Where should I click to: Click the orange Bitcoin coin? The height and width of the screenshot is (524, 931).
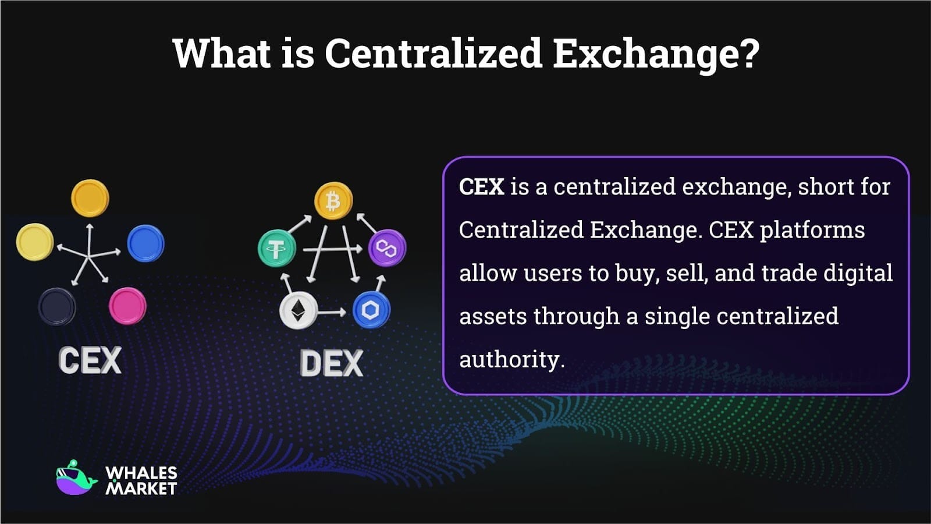(x=333, y=201)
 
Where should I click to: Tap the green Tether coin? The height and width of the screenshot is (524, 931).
(x=276, y=249)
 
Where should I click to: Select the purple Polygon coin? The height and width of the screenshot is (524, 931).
(x=386, y=249)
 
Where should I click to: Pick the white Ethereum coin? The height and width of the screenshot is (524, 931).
(x=298, y=310)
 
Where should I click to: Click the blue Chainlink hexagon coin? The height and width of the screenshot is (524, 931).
(x=371, y=310)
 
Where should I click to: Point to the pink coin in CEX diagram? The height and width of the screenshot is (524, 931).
(x=127, y=306)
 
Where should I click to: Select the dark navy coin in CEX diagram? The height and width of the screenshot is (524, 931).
(x=56, y=306)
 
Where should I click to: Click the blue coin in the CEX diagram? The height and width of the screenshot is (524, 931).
(x=145, y=243)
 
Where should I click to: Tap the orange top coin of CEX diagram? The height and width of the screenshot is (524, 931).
(x=90, y=198)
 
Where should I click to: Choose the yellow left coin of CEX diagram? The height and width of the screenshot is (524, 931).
(x=35, y=242)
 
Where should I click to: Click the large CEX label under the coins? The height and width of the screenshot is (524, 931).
(x=90, y=360)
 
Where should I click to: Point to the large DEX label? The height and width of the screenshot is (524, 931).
(x=331, y=363)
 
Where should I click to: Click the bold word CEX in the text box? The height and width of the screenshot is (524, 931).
(x=481, y=187)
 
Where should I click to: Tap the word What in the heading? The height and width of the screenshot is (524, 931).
(x=222, y=54)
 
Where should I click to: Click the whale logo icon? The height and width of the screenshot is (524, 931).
(x=76, y=479)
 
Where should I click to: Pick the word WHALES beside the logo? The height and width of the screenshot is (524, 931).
(x=141, y=473)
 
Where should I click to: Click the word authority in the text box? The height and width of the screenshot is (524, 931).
(x=510, y=359)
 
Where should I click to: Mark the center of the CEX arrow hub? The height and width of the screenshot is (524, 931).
(x=88, y=255)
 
